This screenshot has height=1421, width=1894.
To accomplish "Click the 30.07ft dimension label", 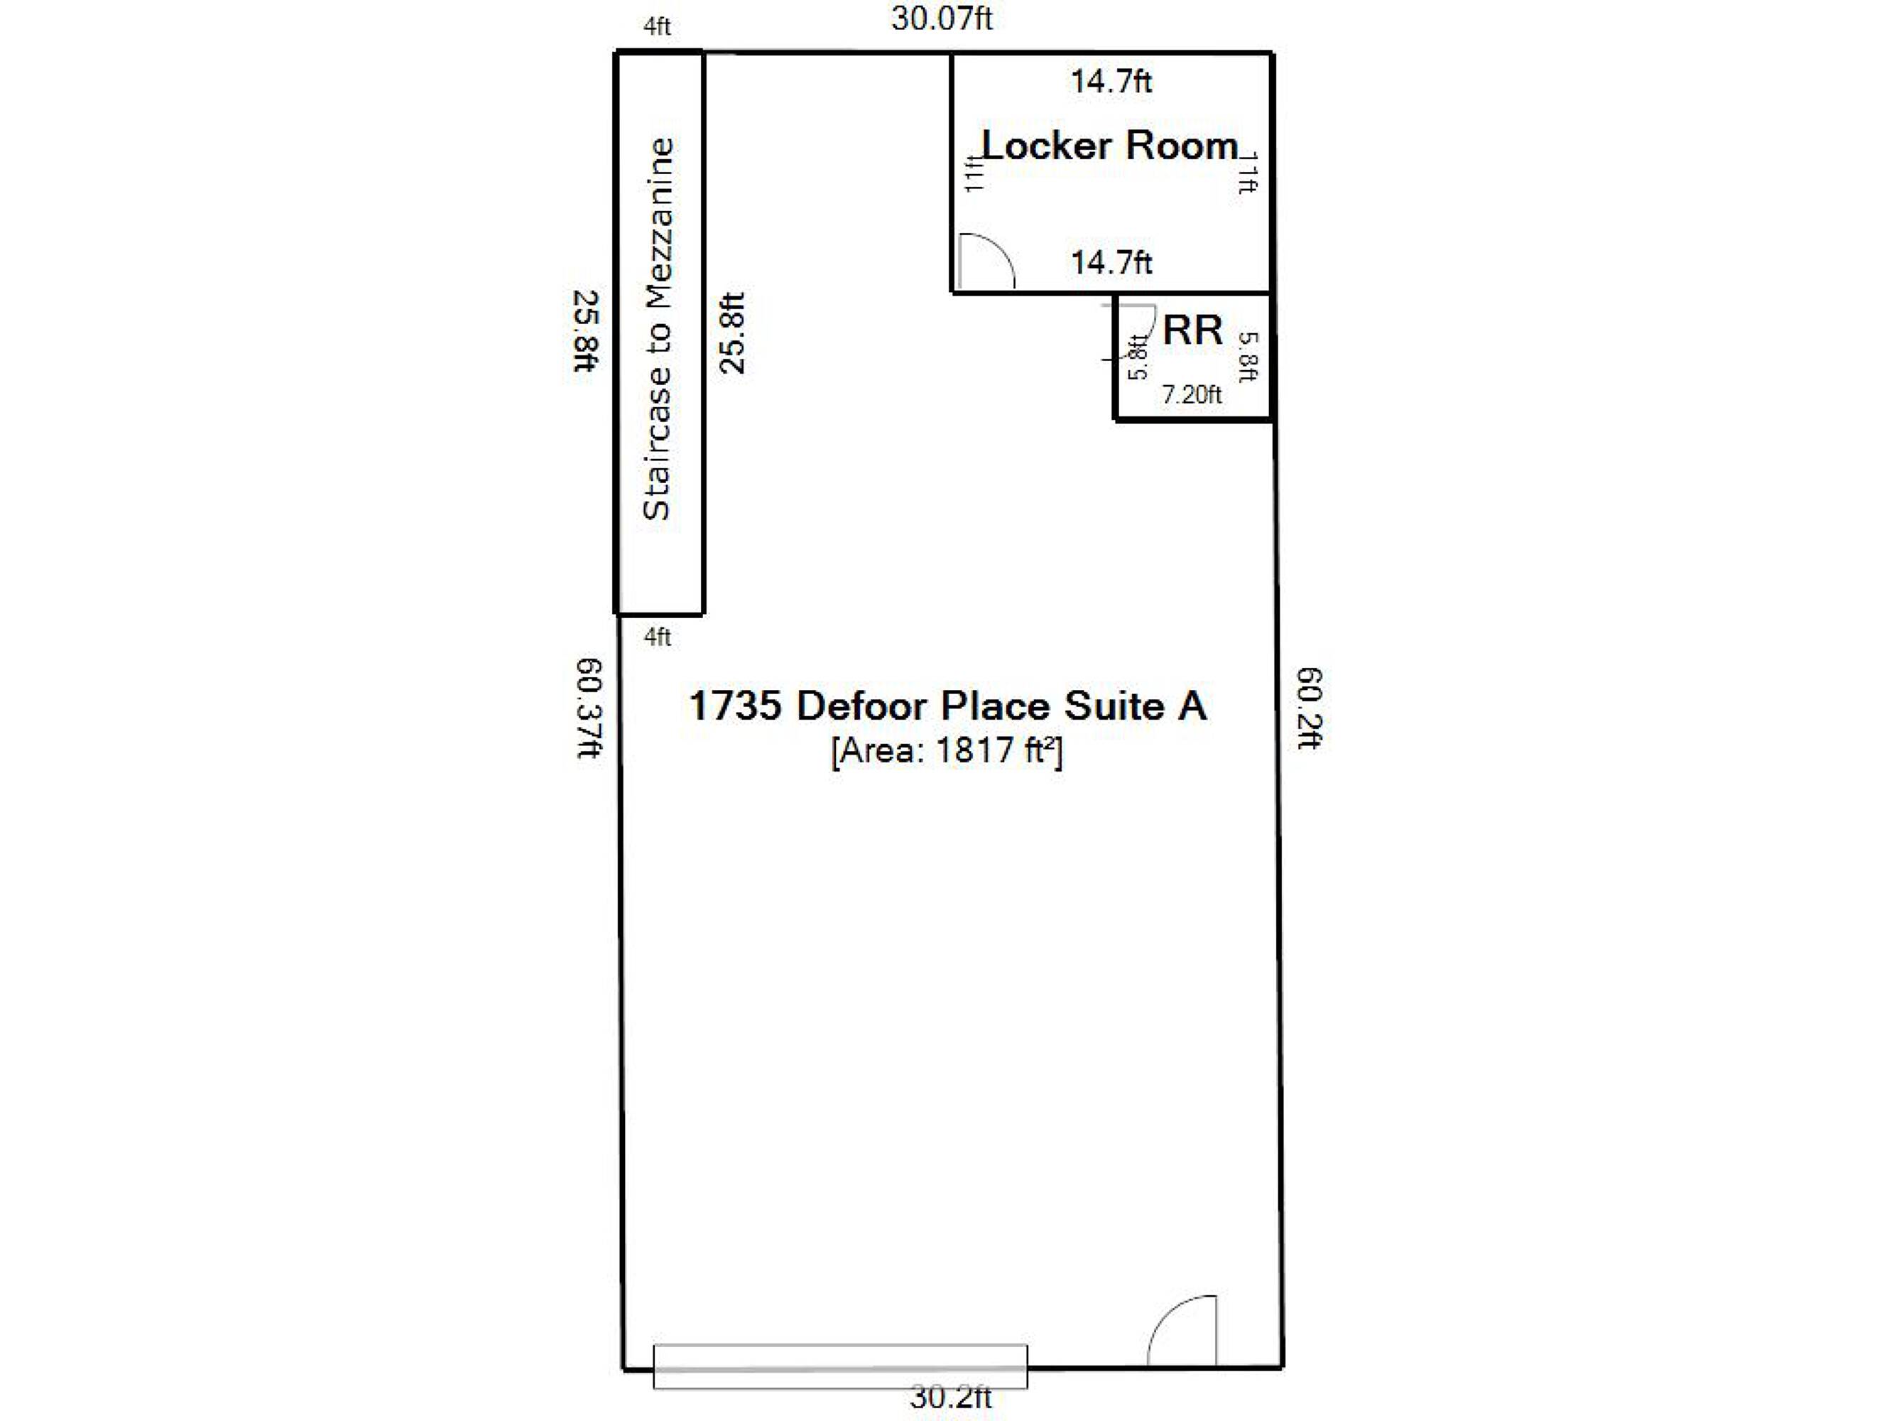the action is (x=942, y=18).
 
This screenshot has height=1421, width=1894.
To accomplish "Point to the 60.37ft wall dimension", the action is (x=589, y=708).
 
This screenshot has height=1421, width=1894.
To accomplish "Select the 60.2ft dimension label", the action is (x=1310, y=708).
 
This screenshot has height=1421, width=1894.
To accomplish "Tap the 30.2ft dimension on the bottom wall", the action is (x=950, y=1397).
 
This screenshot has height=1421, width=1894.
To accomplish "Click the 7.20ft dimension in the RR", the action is (x=1191, y=394).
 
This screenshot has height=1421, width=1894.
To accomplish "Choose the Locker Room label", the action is (x=1110, y=145).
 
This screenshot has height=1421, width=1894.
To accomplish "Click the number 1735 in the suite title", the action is (x=736, y=706).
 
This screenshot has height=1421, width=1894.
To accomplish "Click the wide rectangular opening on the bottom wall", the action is (x=840, y=1366).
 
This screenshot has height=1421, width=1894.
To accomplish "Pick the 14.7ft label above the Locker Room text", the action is (x=1111, y=82).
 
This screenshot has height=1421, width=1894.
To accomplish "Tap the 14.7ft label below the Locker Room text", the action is (x=1111, y=261).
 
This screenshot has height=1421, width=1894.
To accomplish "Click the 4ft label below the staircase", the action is (x=657, y=637).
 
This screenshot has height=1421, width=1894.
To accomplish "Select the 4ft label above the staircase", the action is (x=657, y=26).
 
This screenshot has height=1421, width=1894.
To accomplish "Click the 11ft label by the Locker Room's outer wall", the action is (x=1248, y=172).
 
